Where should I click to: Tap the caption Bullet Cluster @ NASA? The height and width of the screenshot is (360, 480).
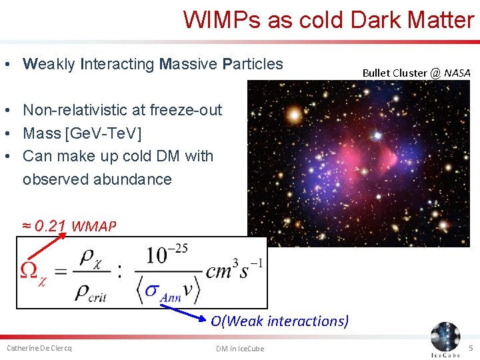point(416,73)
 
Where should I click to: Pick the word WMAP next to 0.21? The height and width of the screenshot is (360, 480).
point(93,227)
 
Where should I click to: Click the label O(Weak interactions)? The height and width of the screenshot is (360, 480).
point(279,321)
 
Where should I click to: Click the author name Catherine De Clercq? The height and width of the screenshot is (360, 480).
point(39,348)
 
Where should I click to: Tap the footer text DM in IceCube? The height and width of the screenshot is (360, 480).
point(240,349)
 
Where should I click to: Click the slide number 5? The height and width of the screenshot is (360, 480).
point(471,348)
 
